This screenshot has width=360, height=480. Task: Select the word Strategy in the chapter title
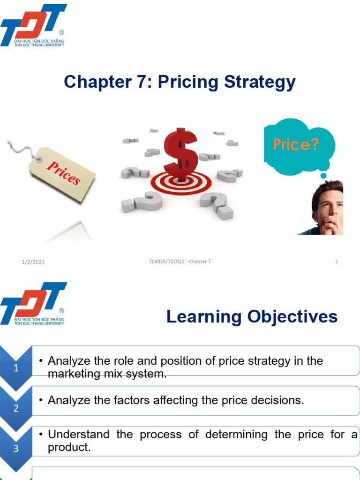[x=257, y=82]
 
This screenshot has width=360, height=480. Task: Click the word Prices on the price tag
[x=63, y=171]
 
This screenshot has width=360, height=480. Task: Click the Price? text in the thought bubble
[x=296, y=144]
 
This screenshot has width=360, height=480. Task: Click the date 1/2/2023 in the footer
[x=33, y=262]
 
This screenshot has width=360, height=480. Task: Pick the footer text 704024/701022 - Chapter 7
[x=177, y=262]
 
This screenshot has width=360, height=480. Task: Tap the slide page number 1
[x=337, y=262]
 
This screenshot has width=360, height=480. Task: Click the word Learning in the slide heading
[x=201, y=317]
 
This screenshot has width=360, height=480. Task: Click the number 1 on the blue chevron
[x=16, y=368]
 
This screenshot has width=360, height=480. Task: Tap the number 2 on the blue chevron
[x=16, y=408]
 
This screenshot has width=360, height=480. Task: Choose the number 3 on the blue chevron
[x=16, y=449]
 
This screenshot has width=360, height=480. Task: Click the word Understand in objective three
[x=78, y=435]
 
